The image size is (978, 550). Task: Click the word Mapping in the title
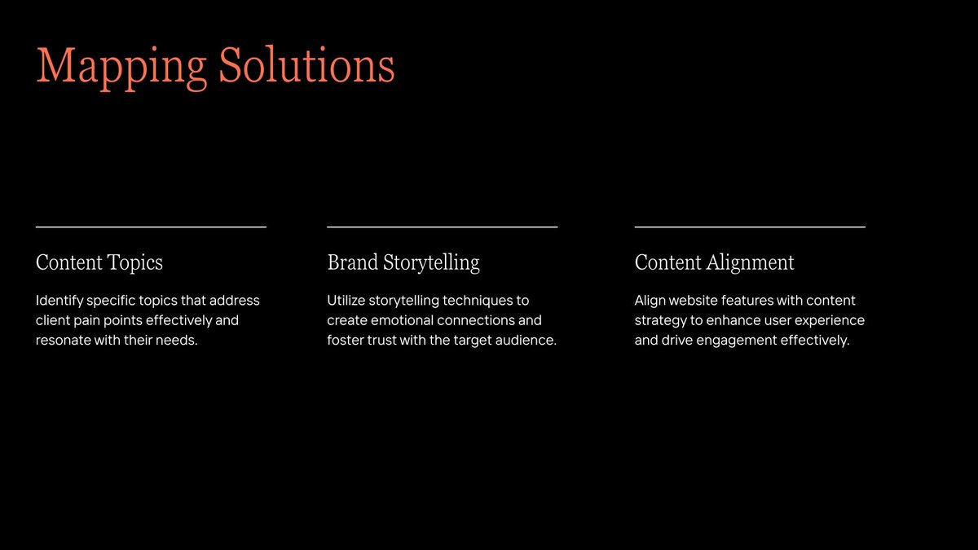[120, 66]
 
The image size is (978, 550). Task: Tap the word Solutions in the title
[306, 66]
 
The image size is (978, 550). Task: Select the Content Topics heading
[99, 262]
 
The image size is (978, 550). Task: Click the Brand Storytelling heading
[403, 262]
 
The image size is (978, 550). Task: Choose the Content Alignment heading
[714, 262]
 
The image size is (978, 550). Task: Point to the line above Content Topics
[151, 227]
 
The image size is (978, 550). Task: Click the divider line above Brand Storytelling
[442, 227]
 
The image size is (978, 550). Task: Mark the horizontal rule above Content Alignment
[750, 227]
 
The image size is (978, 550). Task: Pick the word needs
[178, 340]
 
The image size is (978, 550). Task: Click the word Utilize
[348, 301]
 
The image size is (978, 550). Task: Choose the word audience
[526, 340]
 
